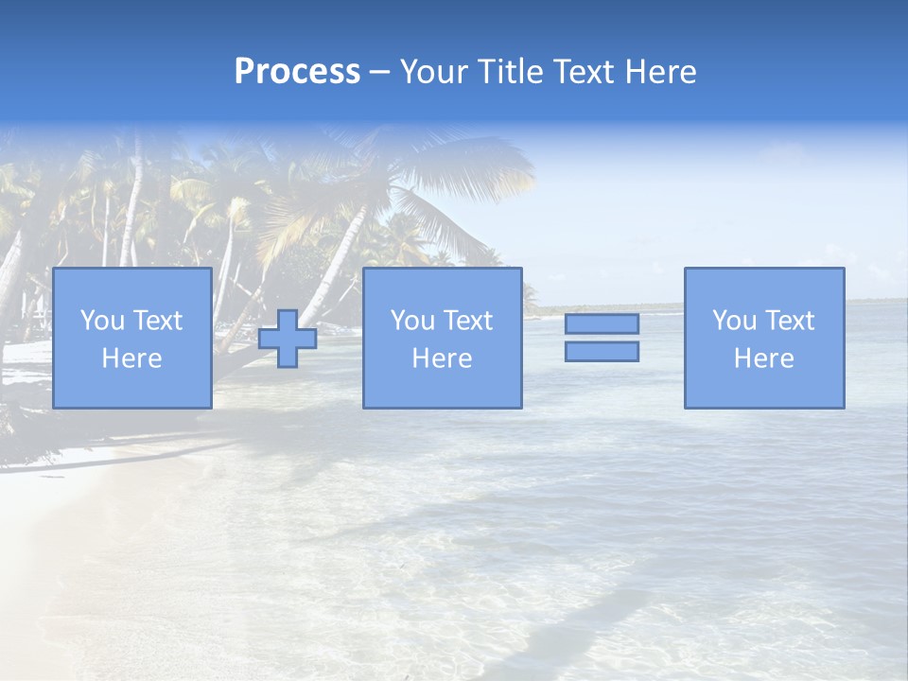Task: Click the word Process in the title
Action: coord(297,72)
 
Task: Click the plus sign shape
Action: coord(288,339)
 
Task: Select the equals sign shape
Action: coord(602,338)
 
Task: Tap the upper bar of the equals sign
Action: coord(602,323)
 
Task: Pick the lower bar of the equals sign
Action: coord(602,352)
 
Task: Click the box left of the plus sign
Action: coord(131,338)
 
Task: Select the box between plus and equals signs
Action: coord(442,338)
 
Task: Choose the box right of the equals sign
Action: coord(764,338)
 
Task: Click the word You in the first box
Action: coord(102,321)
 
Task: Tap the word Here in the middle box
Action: coord(442,358)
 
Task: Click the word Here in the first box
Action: coord(131,358)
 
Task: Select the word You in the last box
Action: coord(734,321)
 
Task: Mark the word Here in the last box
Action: coord(764,358)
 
